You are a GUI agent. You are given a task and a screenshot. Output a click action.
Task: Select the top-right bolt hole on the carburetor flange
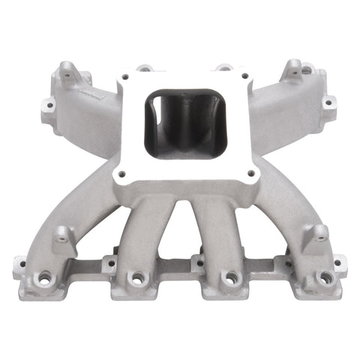(x=244, y=75)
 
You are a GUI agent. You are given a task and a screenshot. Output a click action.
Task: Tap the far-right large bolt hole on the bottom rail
(x=325, y=277)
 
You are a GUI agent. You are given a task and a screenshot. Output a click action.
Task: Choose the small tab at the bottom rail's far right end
(x=339, y=262)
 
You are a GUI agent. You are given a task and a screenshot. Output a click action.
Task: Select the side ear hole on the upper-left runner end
(x=48, y=106)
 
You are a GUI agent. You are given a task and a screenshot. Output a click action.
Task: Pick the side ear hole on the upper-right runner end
(x=328, y=101)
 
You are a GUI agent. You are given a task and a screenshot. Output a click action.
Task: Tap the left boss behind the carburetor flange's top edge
(x=145, y=67)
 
